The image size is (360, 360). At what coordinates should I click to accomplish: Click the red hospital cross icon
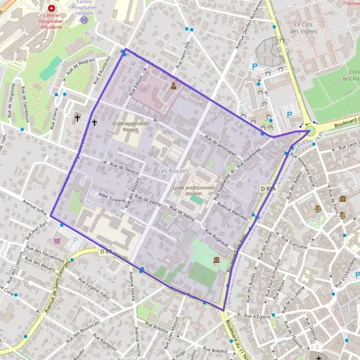[x=52, y=9]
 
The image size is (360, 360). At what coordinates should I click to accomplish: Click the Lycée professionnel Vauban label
[x=193, y=191]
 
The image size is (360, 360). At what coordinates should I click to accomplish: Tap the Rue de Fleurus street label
[x=124, y=166]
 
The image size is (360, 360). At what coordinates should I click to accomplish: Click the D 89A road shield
[x=268, y=188]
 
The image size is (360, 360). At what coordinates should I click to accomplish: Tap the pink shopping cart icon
[x=57, y=240]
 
